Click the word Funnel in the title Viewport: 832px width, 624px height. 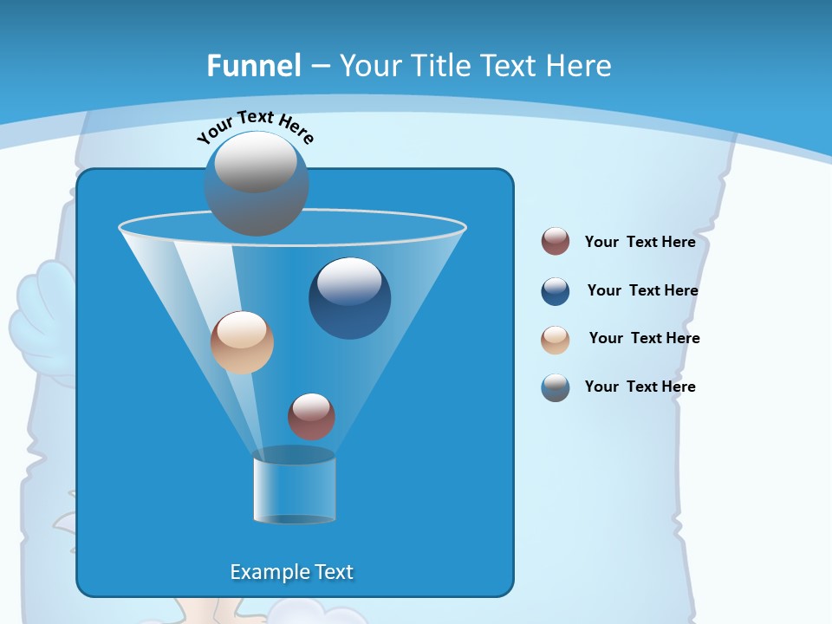click(x=253, y=66)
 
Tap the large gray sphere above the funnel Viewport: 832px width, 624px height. click(x=256, y=184)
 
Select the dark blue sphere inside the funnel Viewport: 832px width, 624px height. click(x=349, y=299)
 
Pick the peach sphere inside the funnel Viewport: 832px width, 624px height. click(x=242, y=342)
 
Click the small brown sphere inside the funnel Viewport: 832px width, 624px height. click(x=311, y=416)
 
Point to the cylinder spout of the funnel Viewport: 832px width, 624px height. click(x=294, y=486)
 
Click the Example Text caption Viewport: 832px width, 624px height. click(x=291, y=572)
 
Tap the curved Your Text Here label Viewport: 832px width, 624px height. click(x=255, y=127)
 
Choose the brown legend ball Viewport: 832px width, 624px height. click(x=556, y=241)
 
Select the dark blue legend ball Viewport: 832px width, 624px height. click(x=556, y=291)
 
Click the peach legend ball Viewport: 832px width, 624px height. click(x=556, y=340)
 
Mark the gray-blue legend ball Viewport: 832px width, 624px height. click(x=556, y=387)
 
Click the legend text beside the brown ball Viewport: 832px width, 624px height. click(x=640, y=243)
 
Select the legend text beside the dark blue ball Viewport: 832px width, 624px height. click(x=642, y=291)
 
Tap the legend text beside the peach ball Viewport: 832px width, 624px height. click(x=644, y=339)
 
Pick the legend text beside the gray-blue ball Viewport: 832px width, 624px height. click(x=640, y=387)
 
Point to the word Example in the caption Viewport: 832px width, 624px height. click(x=266, y=572)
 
